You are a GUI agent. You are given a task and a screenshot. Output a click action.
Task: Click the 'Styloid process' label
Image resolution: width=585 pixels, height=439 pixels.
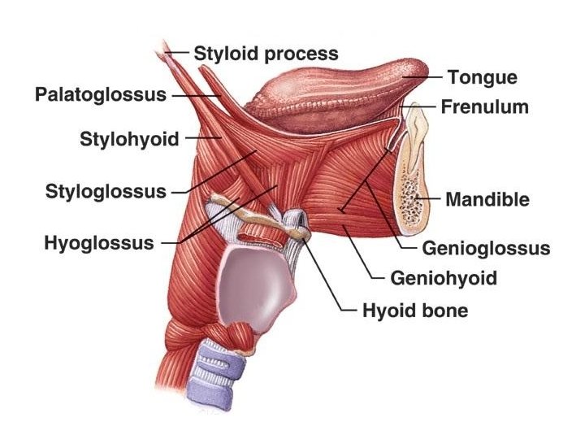265,54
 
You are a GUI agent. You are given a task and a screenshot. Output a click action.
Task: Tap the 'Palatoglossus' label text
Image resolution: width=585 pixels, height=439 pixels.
101,95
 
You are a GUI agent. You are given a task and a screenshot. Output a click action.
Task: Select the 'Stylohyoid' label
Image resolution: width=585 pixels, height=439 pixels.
129,139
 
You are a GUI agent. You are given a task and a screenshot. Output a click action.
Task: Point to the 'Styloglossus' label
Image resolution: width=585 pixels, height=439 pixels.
106,192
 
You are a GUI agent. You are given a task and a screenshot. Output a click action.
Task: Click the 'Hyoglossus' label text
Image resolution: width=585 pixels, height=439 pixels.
99,242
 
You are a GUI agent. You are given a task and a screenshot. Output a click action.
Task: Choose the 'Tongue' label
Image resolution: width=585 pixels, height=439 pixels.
482,78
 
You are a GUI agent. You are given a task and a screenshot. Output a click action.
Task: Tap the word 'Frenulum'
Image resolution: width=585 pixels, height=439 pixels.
484,106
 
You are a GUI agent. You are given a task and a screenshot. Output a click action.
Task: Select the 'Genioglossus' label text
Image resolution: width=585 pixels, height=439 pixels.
486,248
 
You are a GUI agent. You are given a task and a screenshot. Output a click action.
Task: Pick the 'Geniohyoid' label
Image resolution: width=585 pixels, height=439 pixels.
444,279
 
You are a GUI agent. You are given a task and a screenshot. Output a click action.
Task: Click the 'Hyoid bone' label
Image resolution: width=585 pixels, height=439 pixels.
414,311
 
